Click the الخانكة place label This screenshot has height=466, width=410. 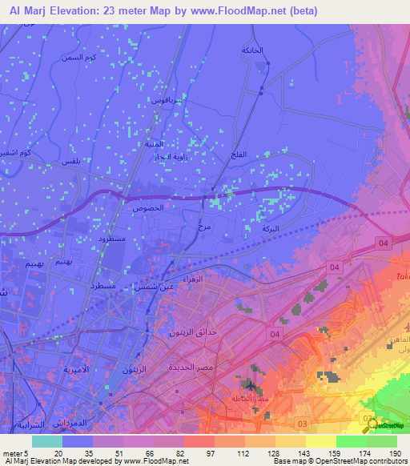pyautogui.click(x=252, y=50)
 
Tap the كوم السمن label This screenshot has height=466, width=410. pyautogui.click(x=101, y=58)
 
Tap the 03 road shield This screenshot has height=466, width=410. pyautogui.click(x=302, y=422)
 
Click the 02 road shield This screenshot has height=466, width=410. pyautogui.click(x=368, y=418)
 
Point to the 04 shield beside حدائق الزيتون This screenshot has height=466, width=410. pyautogui.click(x=275, y=333)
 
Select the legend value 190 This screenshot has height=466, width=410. pyautogui.click(x=393, y=453)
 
